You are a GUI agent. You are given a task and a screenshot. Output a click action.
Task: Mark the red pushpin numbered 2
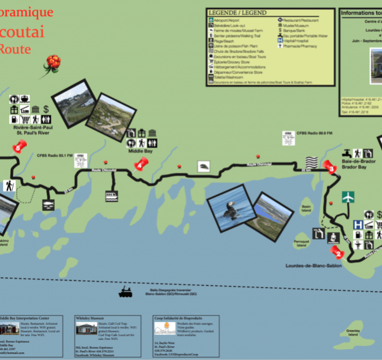pyautogui.click(x=337, y=253)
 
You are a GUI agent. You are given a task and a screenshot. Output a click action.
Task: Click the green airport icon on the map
pyautogui.click(x=348, y=197)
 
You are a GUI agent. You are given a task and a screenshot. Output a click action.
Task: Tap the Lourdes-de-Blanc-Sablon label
pyautogui.click(x=306, y=266)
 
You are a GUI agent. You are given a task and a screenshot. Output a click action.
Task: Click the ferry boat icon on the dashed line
pyautogui.click(x=125, y=293)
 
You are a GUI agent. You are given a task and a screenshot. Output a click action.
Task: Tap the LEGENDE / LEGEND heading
pyautogui.click(x=237, y=13)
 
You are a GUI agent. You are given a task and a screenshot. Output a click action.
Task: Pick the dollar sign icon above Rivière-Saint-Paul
pyautogui.click(x=46, y=109)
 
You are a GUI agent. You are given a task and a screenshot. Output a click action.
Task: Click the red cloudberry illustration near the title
pyautogui.click(x=52, y=63)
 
